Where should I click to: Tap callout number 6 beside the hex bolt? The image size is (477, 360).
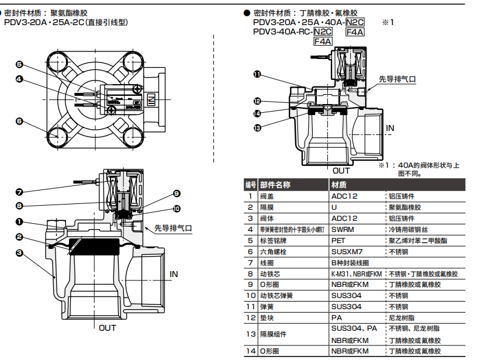[19, 122]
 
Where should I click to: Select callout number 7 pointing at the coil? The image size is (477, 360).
[19, 192]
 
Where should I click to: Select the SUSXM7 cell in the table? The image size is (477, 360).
[347, 251]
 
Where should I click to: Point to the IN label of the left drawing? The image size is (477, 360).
[174, 274]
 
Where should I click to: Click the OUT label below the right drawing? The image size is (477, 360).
[341, 171]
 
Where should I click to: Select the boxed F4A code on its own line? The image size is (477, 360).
[323, 41]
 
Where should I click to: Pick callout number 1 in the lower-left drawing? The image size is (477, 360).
[19, 222]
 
